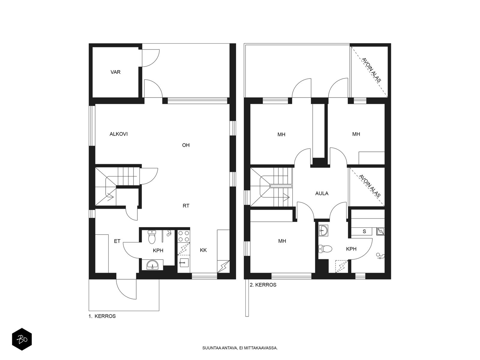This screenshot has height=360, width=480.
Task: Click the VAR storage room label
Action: (115, 72)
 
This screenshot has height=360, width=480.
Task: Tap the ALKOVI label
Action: (118, 134)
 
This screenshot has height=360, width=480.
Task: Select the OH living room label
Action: (186, 145)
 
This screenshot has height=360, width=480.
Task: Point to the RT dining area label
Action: (186, 206)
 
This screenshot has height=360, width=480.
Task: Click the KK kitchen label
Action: (203, 250)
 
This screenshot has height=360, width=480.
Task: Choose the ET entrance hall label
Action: (117, 241)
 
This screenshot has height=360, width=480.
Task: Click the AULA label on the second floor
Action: (322, 193)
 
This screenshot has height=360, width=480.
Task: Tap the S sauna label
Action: (364, 231)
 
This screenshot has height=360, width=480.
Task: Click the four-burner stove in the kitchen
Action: (184, 236)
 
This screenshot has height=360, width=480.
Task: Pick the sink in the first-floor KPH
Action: (152, 265)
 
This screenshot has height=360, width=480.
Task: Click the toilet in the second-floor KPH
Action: (325, 249)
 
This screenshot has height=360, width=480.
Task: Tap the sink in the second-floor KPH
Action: (323, 231)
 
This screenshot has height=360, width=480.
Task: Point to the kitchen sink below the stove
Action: (184, 262)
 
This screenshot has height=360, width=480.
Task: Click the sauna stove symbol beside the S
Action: (380, 231)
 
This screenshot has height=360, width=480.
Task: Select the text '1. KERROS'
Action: (102, 316)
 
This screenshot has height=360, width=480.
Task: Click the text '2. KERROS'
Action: (263, 285)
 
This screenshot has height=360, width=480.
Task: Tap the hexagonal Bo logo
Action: (22, 340)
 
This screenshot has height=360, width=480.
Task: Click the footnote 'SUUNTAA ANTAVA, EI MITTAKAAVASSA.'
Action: (240, 348)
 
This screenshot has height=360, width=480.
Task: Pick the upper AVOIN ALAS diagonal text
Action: (371, 70)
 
